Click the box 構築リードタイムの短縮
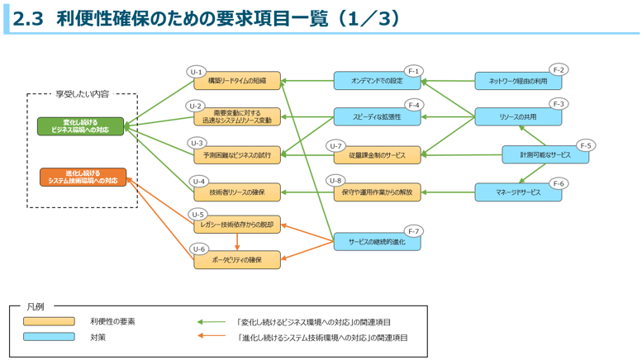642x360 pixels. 237,81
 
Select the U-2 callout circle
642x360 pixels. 195,106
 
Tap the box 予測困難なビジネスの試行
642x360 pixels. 237,154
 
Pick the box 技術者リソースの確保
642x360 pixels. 237,192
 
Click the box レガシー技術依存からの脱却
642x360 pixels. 237,224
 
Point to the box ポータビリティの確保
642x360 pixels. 237,260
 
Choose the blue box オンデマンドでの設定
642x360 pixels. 377,81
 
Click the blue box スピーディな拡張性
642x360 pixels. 377,117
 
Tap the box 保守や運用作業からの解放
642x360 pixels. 377,192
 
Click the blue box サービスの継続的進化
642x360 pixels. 377,242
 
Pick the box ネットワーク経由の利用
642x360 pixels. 518,81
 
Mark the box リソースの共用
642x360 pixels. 518,117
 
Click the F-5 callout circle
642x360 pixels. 586,145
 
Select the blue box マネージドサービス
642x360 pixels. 518,192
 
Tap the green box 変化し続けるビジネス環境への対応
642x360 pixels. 80,126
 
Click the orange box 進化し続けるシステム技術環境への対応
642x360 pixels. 83,178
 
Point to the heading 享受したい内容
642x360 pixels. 82,94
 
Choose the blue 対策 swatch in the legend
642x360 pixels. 49,337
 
